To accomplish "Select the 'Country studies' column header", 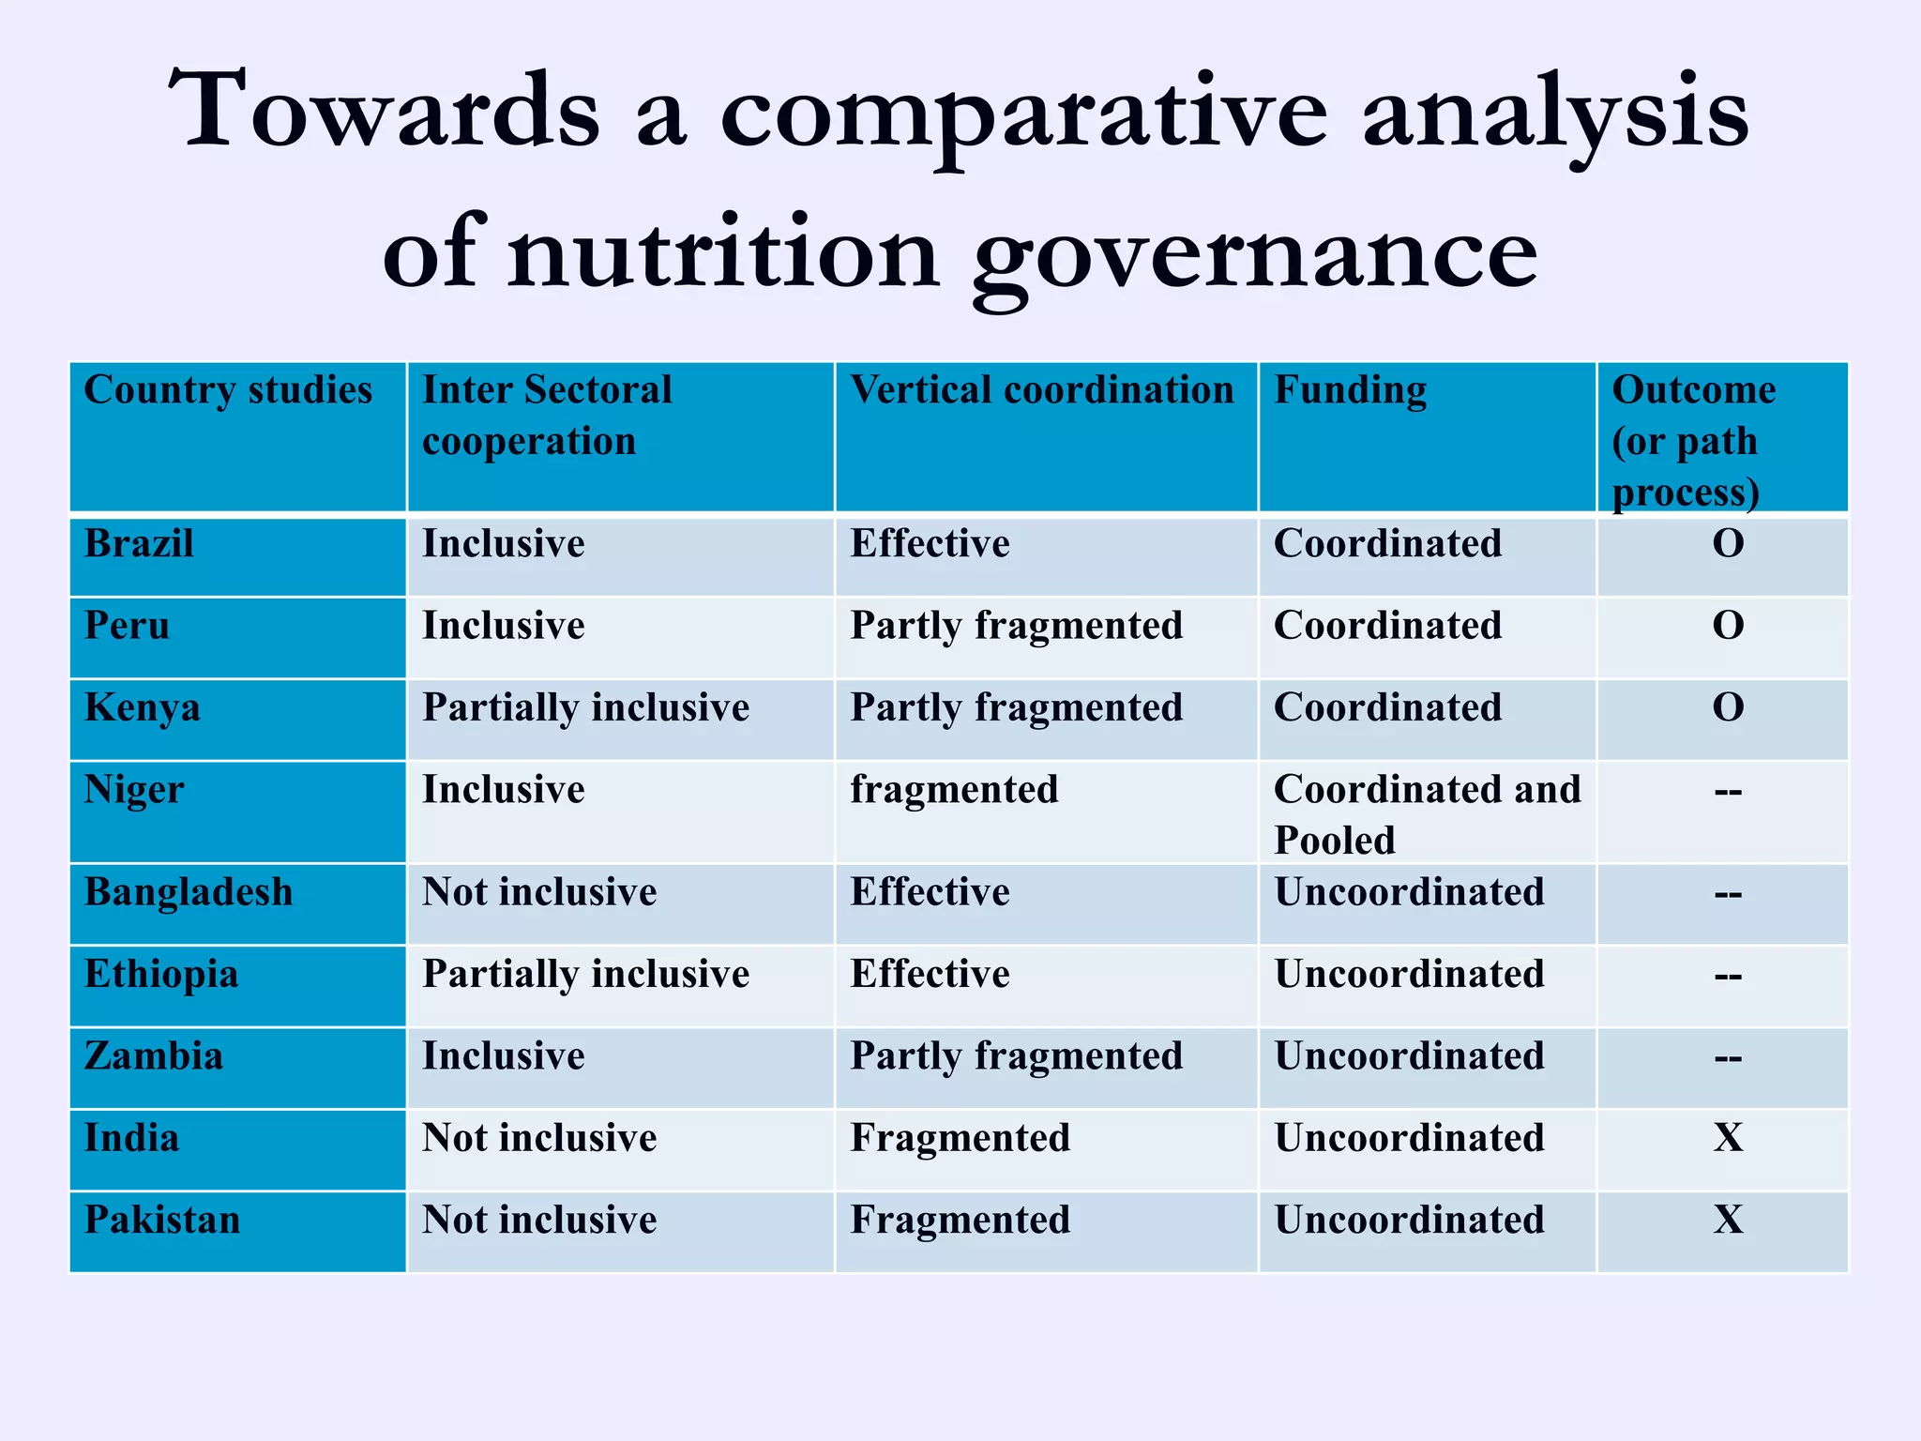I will coord(228,390).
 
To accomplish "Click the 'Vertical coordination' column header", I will coord(1041,390).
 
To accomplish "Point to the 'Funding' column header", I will coord(1350,390).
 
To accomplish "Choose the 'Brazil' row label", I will coord(139,544).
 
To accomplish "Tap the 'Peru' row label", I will coord(128,626).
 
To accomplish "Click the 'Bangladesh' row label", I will coord(189,892).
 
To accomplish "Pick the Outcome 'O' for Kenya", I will coord(1728,707).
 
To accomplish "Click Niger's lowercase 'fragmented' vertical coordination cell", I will coord(954,790).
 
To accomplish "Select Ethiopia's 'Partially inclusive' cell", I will coord(585,975).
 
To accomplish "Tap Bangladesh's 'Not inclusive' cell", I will coord(539,892).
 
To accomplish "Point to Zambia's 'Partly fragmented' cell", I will coord(1016,1056).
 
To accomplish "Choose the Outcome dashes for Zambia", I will coord(1728,1058).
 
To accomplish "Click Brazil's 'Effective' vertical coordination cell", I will coord(930,544).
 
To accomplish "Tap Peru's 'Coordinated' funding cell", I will coord(1387,626).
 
